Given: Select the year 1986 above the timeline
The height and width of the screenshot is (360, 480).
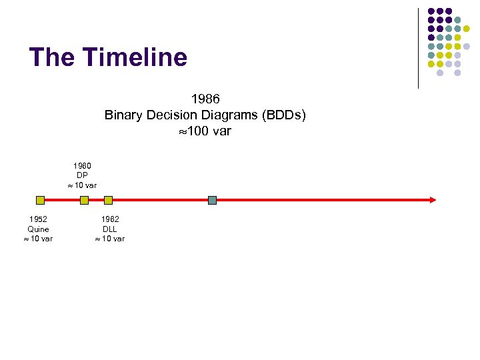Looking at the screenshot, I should click(205, 99).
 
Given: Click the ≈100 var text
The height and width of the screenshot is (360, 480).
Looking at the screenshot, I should click(205, 131).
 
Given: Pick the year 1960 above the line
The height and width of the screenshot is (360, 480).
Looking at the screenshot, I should click(82, 165).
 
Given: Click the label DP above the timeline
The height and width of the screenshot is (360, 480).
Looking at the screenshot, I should click(82, 175).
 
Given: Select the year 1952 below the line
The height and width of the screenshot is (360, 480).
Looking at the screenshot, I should click(38, 219).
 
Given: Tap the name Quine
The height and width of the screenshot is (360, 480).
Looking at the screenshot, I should click(38, 229).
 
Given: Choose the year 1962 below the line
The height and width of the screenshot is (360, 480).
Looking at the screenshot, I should click(110, 219).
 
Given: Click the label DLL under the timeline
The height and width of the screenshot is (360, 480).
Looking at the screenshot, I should click(110, 229).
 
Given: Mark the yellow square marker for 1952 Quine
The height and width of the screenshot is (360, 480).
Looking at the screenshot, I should click(40, 199).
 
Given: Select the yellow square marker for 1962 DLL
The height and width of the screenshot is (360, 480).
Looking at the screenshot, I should click(109, 199).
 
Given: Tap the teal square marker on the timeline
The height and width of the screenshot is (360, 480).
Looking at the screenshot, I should click(212, 199).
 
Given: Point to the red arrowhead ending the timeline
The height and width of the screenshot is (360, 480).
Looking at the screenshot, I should click(433, 199).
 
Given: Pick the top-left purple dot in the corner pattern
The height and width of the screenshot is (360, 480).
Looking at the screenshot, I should click(431, 11).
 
